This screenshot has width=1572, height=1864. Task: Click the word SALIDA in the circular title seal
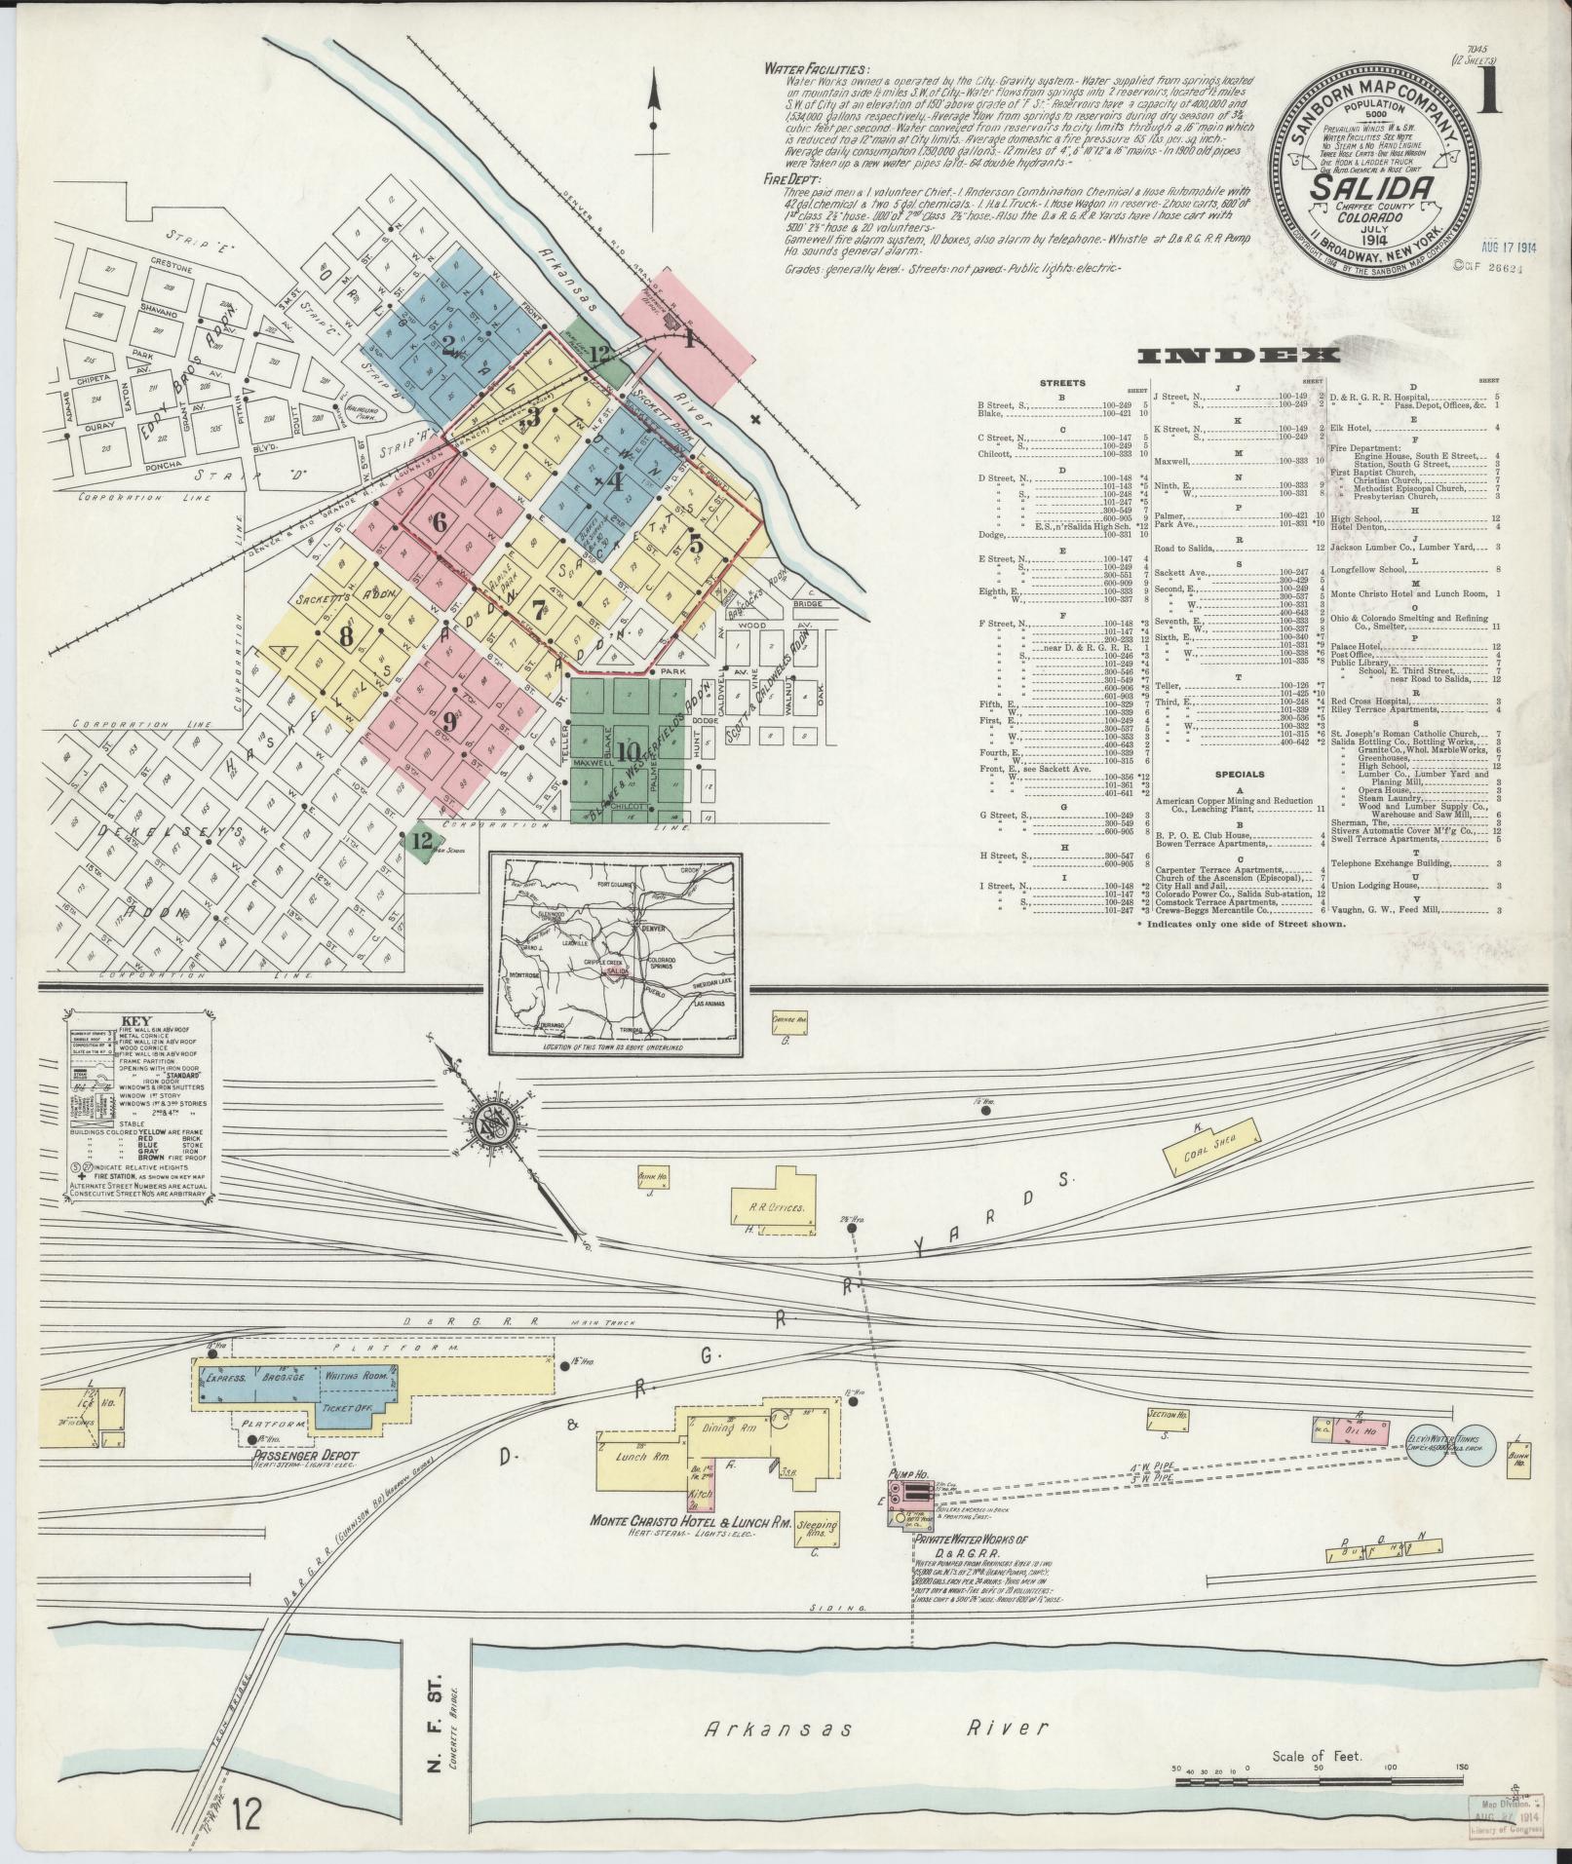1372,188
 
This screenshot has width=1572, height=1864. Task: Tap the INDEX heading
1240,358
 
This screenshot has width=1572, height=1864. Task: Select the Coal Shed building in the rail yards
1211,1143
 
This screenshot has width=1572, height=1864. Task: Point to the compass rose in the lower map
493,1126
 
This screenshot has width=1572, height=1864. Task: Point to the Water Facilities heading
816,69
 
